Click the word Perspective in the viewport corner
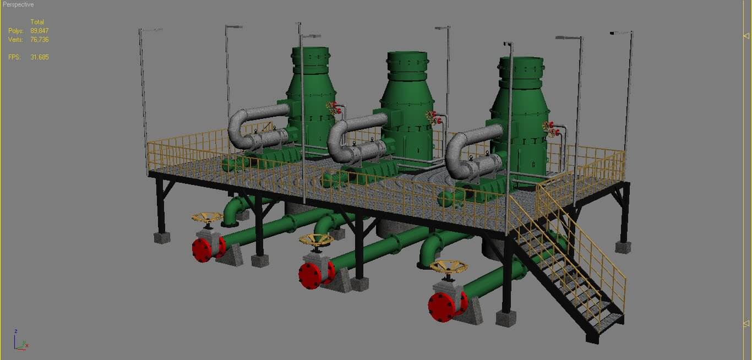[x=18, y=4]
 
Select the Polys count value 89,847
[x=39, y=31]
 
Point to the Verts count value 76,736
[x=39, y=40]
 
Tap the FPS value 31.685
[x=39, y=57]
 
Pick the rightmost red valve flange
[x=441, y=307]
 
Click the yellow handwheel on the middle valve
[x=316, y=240]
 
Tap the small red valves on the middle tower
[x=434, y=118]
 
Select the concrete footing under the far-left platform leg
[x=161, y=238]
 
